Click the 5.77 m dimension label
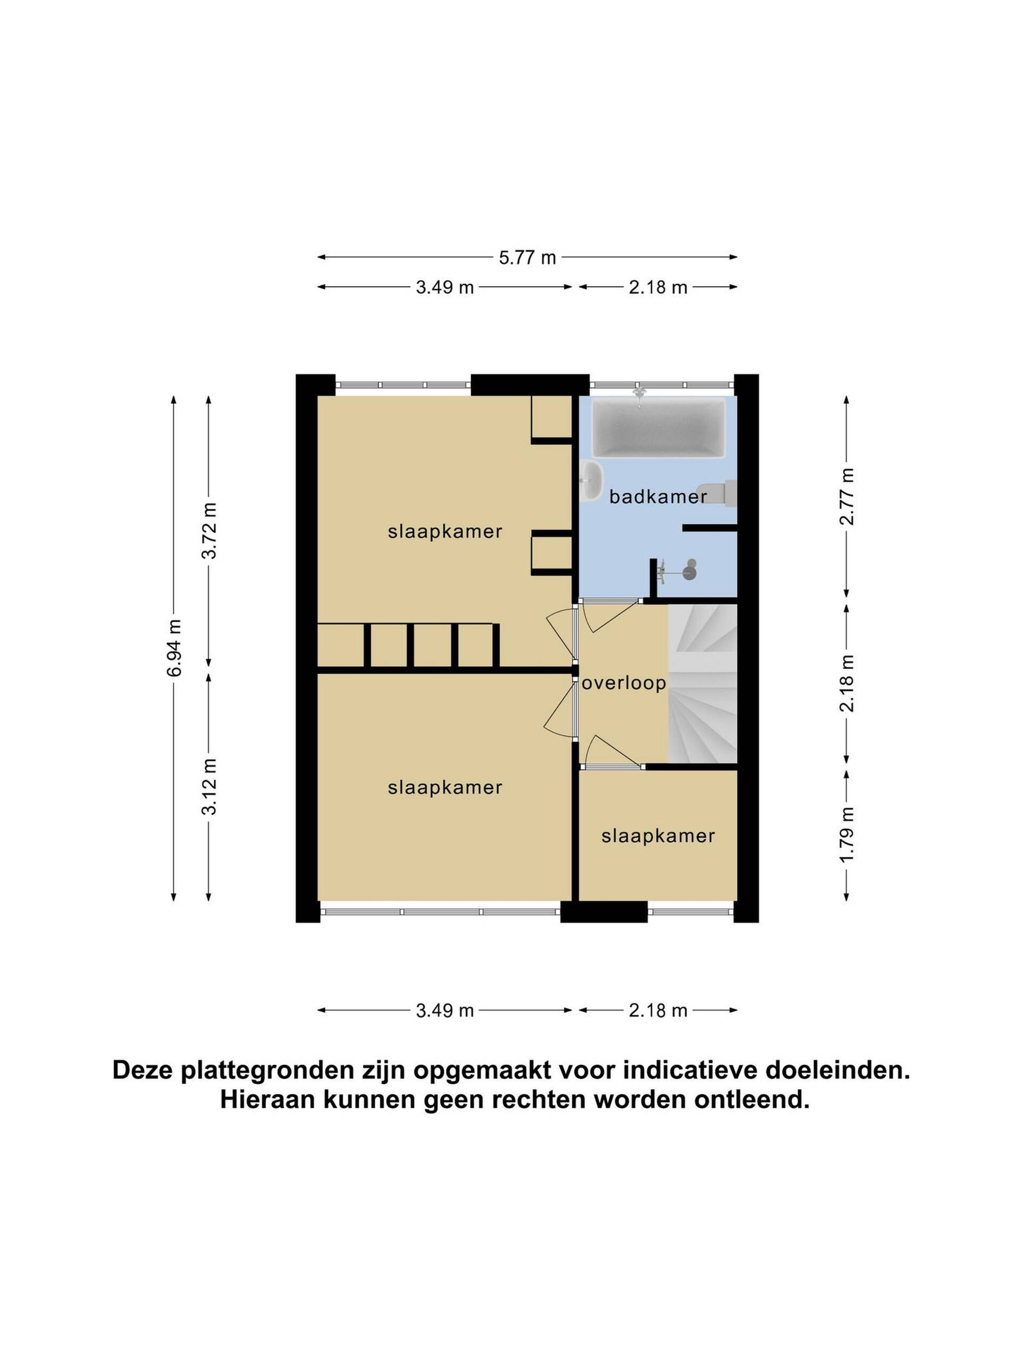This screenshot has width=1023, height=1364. pyautogui.click(x=527, y=257)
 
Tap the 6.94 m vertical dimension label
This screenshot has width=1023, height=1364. pyautogui.click(x=175, y=647)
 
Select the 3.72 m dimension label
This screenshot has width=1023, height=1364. pyautogui.click(x=209, y=530)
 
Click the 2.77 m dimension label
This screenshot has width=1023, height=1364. pyautogui.click(x=847, y=496)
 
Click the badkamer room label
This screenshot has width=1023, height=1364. pyautogui.click(x=657, y=497)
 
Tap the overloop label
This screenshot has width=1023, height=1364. pyautogui.click(x=624, y=683)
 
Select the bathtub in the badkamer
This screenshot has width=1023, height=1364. pyautogui.click(x=659, y=428)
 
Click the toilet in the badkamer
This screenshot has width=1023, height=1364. pyautogui.click(x=717, y=494)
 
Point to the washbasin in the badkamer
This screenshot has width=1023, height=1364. pyautogui.click(x=591, y=481)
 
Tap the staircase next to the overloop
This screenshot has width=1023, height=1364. pyautogui.click(x=702, y=683)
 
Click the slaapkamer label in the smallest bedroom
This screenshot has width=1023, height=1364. pyautogui.click(x=658, y=836)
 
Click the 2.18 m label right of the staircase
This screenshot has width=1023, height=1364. pyautogui.click(x=847, y=683)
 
